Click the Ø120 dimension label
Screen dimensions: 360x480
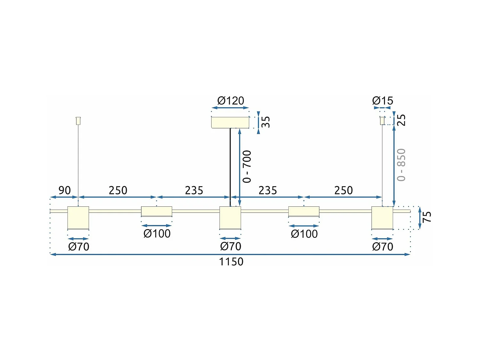[230, 100]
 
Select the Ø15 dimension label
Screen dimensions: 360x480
[382, 100]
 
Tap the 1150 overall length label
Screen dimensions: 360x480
[231, 262]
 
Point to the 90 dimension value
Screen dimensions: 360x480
[64, 190]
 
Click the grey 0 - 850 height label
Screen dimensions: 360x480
[401, 165]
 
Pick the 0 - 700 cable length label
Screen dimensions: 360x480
[247, 166]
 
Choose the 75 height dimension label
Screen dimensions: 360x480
[427, 217]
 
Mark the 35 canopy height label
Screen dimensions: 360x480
[266, 122]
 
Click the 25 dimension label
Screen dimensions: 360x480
[401, 120]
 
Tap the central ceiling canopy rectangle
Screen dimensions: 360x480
[230, 122]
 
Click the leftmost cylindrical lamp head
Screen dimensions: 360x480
[78, 218]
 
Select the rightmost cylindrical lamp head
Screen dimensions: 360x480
[382, 218]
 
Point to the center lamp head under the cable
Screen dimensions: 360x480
[230, 218]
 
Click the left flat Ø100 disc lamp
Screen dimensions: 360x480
[156, 212]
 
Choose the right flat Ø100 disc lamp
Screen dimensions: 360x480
[304, 212]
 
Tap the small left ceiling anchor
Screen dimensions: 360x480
[78, 121]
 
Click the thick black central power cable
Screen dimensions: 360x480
[230, 166]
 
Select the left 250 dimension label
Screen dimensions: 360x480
[118, 190]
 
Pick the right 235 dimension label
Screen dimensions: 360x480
[268, 190]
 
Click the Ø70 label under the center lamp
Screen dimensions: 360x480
[230, 246]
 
